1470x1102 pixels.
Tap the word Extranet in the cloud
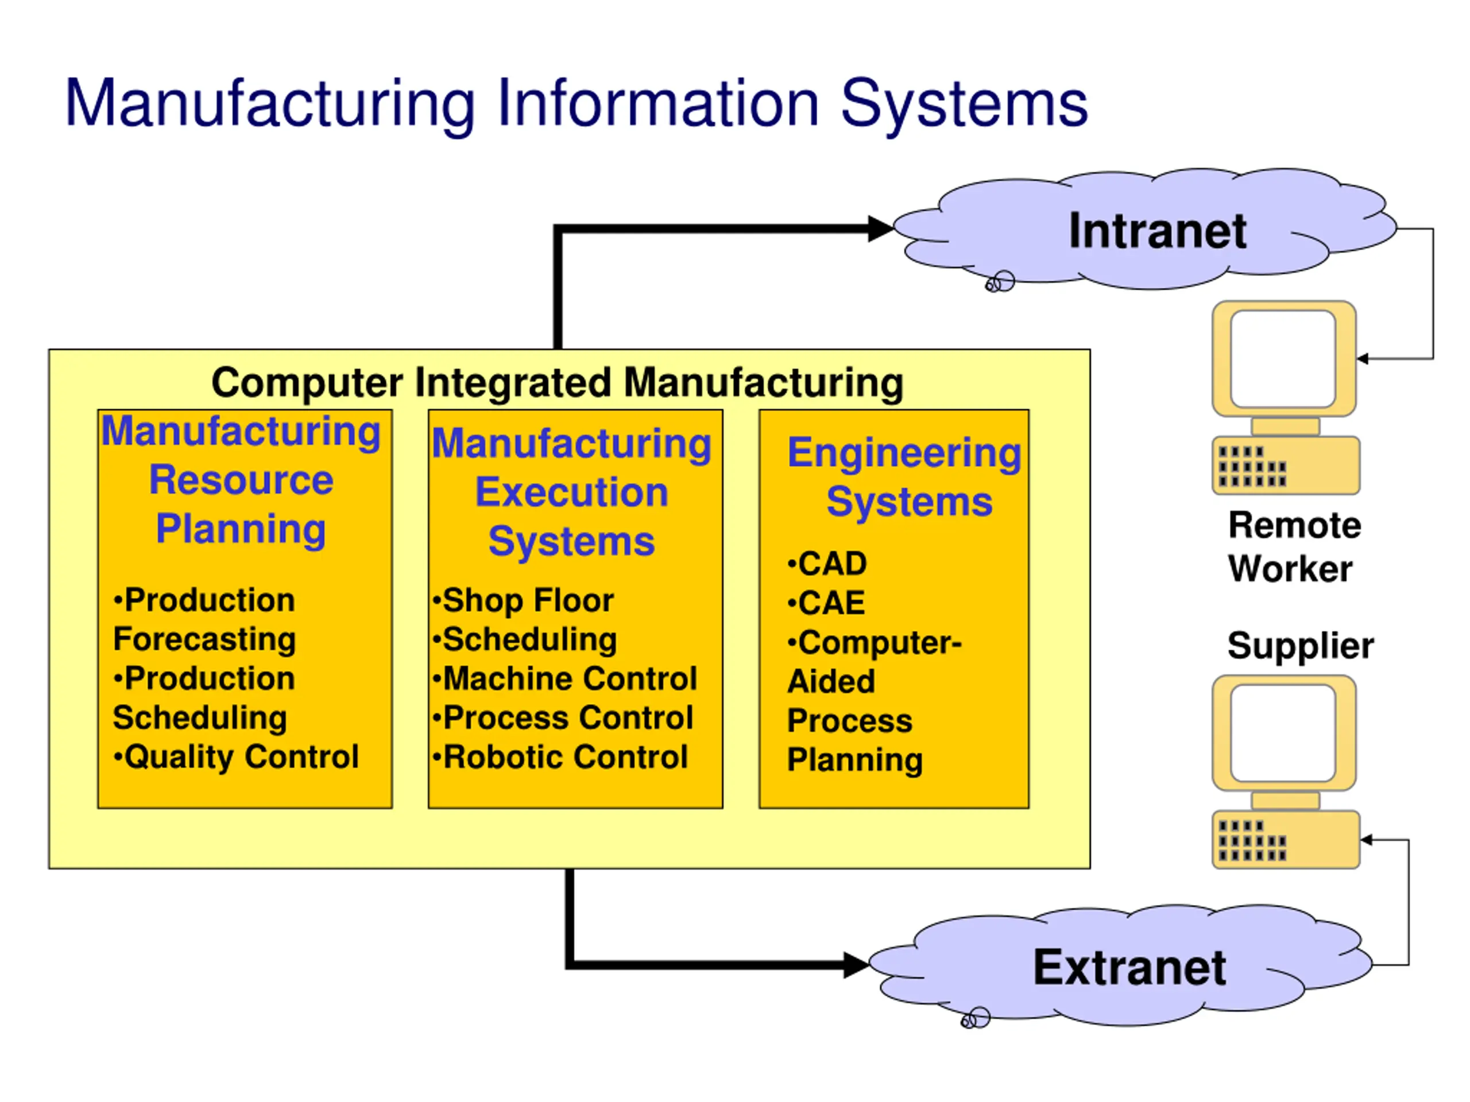[1129, 967]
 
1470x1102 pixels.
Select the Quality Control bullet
[236, 757]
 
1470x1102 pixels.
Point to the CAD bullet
[827, 564]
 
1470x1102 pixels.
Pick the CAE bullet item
[826, 603]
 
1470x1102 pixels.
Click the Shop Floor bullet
[523, 600]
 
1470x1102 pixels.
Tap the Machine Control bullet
[565, 679]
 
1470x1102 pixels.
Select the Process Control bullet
[563, 718]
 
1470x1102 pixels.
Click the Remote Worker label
[1294, 546]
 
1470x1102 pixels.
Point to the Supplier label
[1301, 646]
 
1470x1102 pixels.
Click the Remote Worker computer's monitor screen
[1283, 359]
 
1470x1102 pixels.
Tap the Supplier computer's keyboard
[1286, 840]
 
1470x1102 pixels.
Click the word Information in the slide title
[658, 104]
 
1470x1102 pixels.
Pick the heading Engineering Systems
[904, 477]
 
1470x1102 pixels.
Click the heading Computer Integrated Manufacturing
[558, 383]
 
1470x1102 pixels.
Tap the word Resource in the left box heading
[241, 480]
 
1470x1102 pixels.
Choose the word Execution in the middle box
[571, 492]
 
